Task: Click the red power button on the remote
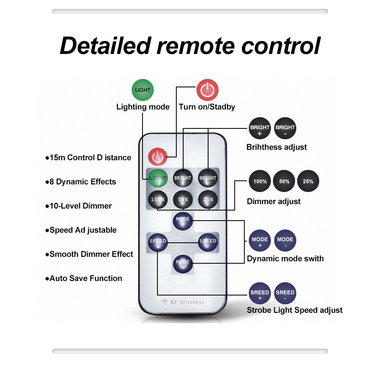point(157,157)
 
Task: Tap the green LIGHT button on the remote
point(158,178)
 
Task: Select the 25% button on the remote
point(208,200)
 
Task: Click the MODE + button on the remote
point(183,221)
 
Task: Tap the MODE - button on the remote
point(183,264)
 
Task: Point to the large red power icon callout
point(207,90)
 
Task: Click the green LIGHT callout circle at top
point(143,90)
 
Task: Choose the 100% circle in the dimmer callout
point(260,182)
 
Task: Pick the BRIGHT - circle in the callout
point(285,129)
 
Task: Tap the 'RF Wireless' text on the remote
point(183,302)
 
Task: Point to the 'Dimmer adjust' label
point(274,201)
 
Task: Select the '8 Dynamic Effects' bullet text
point(83,182)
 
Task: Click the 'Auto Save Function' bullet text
point(85,279)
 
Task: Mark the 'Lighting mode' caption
point(143,107)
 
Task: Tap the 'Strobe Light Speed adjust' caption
point(295,310)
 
